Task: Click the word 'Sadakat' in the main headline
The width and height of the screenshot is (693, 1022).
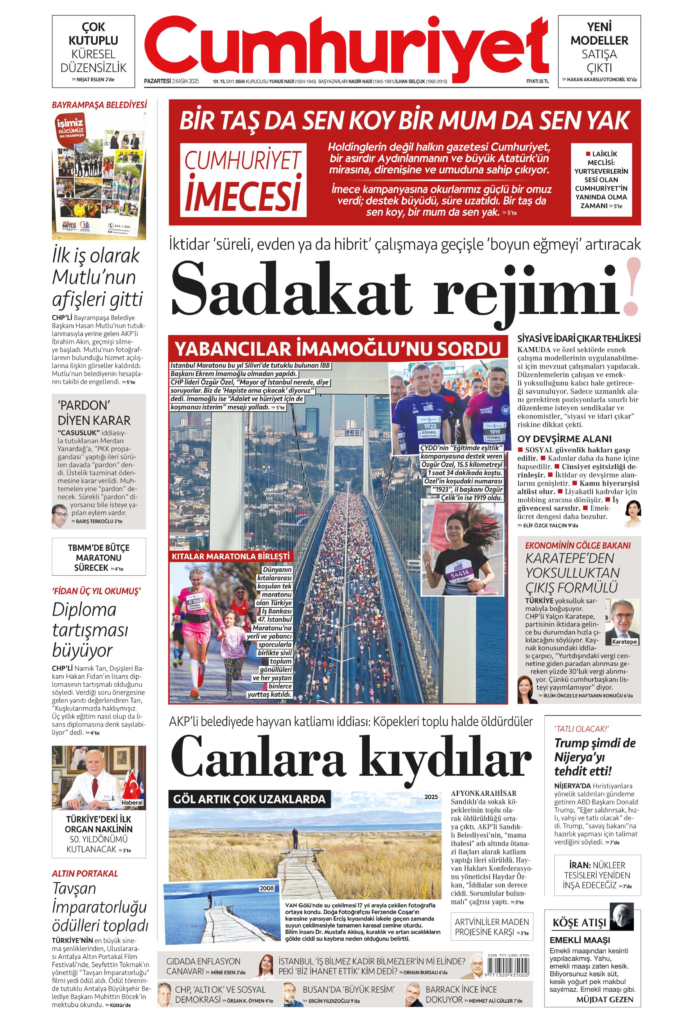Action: (x=291, y=288)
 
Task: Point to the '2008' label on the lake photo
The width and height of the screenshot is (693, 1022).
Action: (x=266, y=888)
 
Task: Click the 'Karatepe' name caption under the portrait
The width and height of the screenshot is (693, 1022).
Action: (x=624, y=642)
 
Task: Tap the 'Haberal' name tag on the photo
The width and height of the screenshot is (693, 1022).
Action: (x=132, y=803)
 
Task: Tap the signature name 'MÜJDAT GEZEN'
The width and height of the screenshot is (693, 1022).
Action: (x=605, y=999)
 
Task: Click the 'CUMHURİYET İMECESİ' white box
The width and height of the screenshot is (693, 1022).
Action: (x=243, y=180)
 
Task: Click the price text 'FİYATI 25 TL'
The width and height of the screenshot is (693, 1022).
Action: (x=537, y=81)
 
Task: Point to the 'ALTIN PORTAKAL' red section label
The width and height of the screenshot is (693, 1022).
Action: (x=85, y=873)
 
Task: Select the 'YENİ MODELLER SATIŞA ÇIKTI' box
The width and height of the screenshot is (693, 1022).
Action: (x=599, y=51)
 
